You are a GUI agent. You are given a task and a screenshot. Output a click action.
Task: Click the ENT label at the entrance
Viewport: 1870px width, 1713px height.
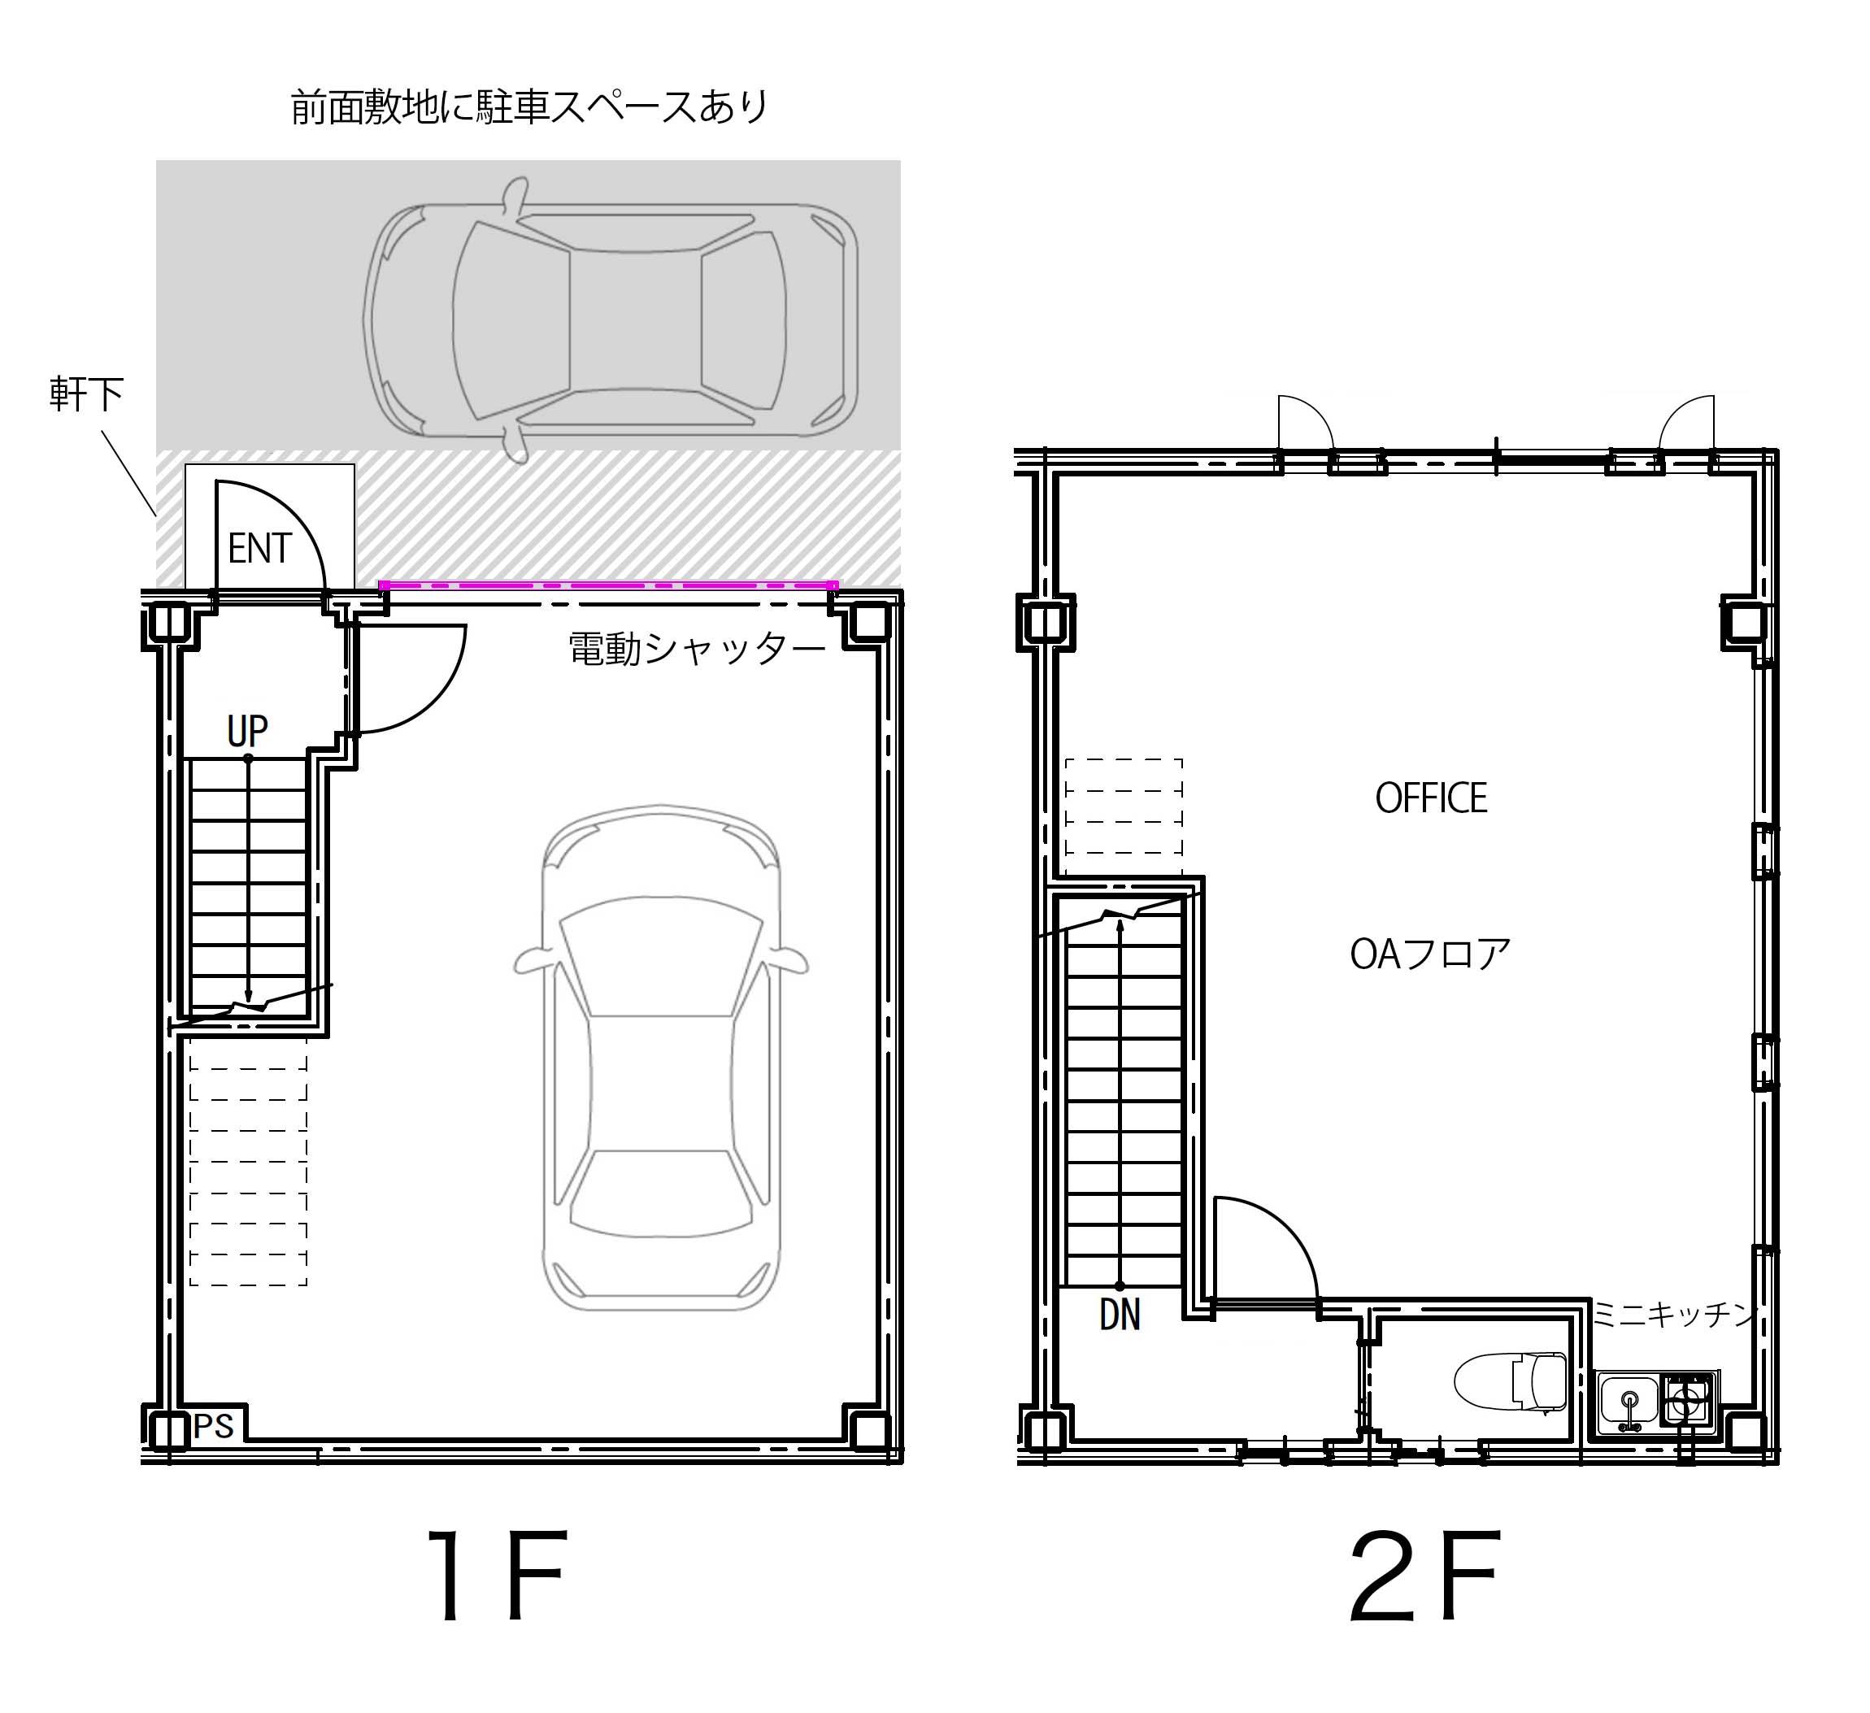point(259,549)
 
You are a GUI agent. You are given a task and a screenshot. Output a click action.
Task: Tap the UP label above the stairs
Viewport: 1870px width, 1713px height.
point(248,732)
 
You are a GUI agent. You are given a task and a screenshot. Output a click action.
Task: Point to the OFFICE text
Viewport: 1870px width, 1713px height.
point(1430,798)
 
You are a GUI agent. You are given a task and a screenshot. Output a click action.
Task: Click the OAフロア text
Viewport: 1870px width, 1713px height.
point(1429,954)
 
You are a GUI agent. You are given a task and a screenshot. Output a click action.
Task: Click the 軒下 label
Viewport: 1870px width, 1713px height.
point(86,395)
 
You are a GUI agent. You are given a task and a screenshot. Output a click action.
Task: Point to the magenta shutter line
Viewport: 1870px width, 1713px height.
point(608,585)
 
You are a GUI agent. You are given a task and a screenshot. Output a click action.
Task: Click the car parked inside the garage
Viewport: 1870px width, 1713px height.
point(660,1057)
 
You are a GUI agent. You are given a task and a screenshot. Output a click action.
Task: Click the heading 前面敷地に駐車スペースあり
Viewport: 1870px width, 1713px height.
point(529,107)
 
